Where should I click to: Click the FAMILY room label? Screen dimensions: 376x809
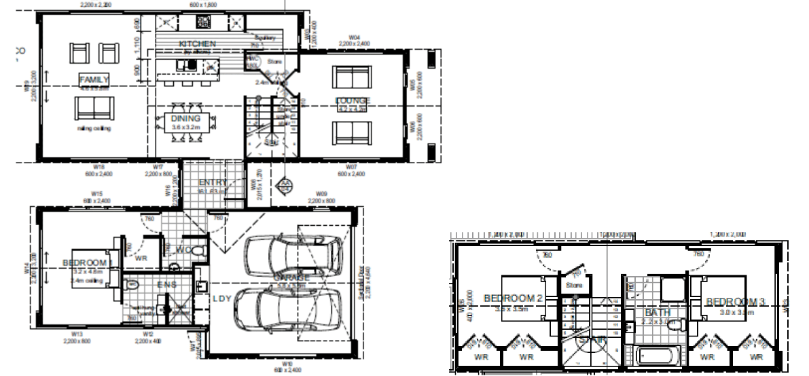(94, 79)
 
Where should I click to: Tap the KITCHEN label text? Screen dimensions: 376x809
(197, 44)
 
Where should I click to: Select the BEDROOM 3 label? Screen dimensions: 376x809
(735, 301)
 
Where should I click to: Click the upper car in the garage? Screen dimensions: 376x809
(293, 255)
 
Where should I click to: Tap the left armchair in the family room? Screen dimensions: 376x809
(79, 52)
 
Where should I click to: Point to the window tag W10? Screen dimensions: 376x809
(287, 364)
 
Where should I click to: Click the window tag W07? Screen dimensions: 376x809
(351, 166)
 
